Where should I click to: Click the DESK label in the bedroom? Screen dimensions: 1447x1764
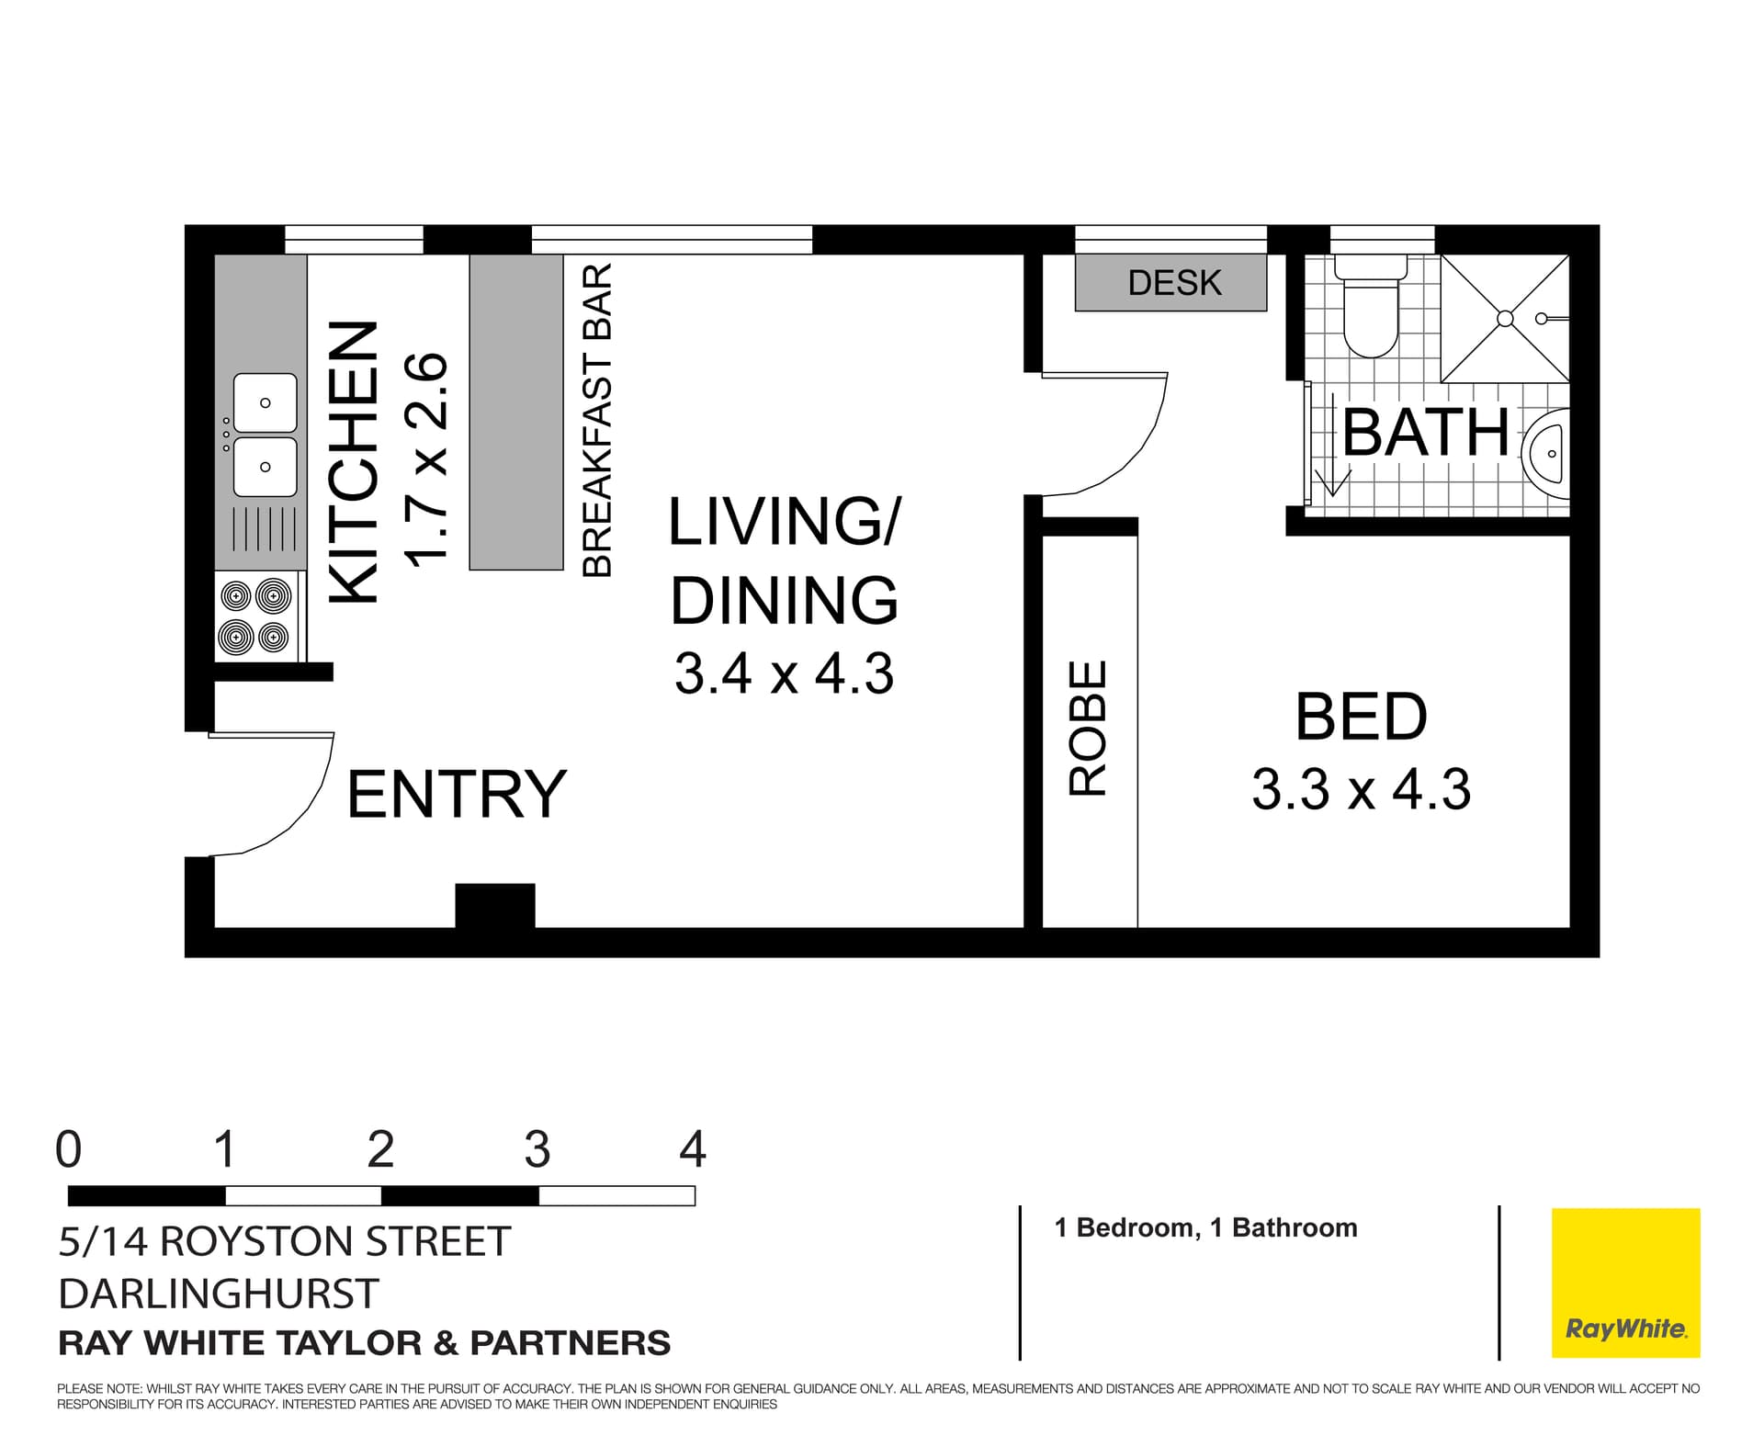pos(1173,283)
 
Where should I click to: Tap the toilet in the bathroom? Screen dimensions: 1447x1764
pos(1370,313)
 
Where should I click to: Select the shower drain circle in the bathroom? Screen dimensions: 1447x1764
pos(1504,318)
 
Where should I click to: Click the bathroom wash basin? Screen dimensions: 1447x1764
pos(1549,454)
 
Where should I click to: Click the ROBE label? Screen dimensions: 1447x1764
pos(1089,728)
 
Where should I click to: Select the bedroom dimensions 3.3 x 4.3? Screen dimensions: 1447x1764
pos(1361,789)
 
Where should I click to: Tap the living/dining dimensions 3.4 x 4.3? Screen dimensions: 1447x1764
pos(784,673)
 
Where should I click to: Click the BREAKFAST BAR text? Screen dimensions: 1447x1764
pos(597,421)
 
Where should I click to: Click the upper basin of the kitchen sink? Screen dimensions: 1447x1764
pos(265,402)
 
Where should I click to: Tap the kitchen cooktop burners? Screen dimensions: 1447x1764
pos(255,616)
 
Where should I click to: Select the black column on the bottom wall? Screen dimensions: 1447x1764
pos(495,906)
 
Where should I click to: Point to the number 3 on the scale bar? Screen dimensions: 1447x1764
pos(537,1148)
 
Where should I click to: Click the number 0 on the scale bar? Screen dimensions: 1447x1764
pos(69,1148)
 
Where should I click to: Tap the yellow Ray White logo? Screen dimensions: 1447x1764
pos(1625,1283)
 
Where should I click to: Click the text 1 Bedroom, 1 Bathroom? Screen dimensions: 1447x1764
pos(1205,1227)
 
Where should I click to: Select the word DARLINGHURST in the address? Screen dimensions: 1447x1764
pos(218,1294)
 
